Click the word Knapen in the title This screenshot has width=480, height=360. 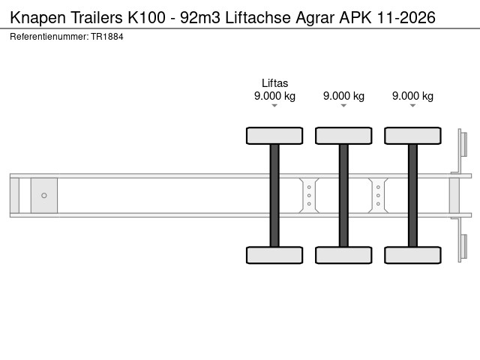coord(38,18)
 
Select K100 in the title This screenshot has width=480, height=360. coord(146,17)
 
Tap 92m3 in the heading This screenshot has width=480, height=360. coord(200,17)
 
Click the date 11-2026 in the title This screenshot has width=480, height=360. coord(406,17)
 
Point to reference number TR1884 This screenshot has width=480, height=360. coord(107,37)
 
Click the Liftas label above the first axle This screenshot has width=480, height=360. coord(274,83)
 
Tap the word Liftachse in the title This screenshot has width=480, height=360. coord(258,17)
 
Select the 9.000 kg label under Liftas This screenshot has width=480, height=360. coord(274,96)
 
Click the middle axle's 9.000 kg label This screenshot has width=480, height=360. coord(343,96)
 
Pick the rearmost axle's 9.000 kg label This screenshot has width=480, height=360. coord(412,96)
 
